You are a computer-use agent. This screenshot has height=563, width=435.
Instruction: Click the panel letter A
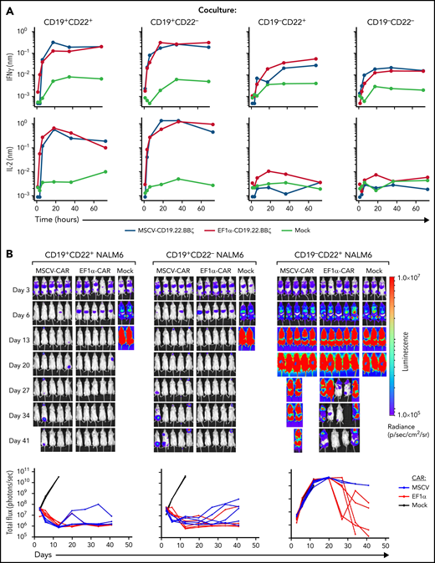(7, 6)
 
